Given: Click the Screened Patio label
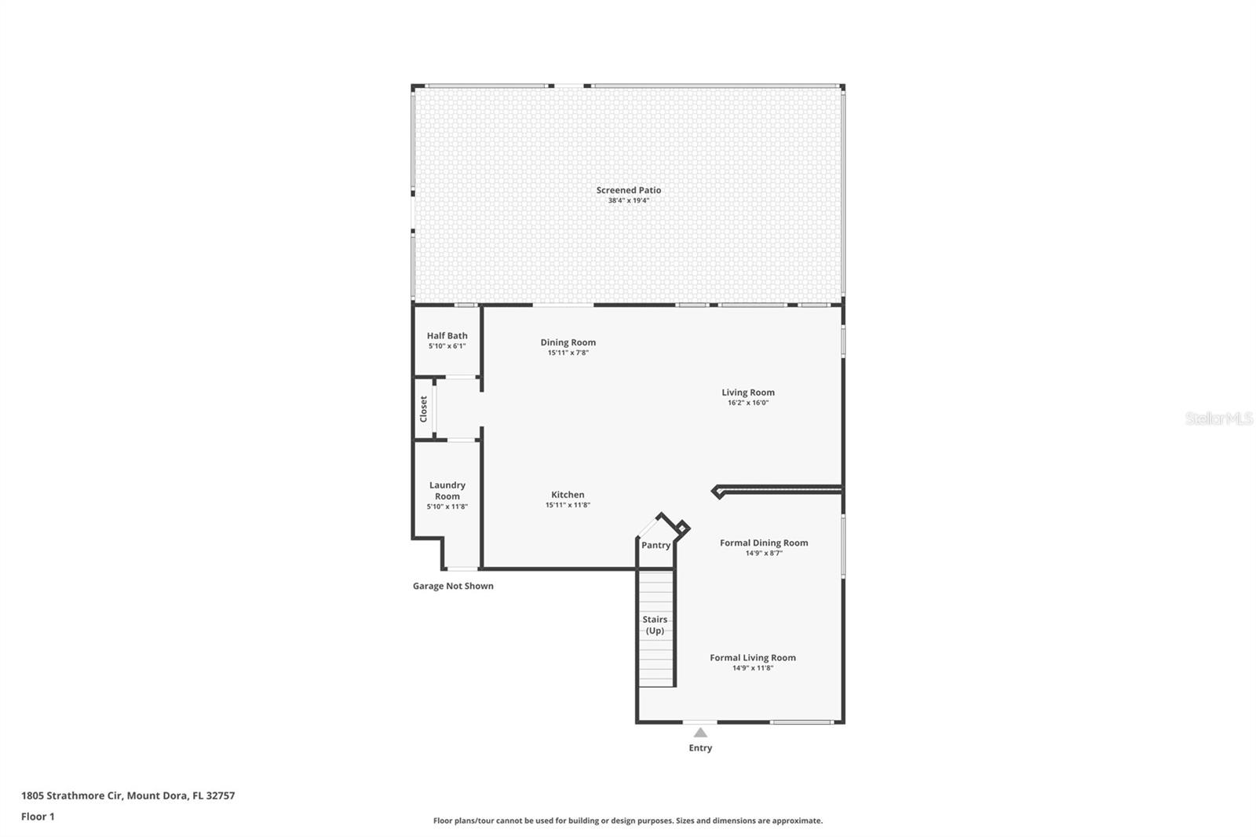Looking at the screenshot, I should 628,190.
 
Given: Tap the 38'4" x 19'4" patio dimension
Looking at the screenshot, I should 628,201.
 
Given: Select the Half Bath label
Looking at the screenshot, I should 447,336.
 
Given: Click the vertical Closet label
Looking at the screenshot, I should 424,408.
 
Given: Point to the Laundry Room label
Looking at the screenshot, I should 447,491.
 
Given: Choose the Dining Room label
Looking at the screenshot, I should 568,342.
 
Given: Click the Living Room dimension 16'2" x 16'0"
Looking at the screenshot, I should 747,403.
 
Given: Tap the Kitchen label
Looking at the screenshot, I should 567,495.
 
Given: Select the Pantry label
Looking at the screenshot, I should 655,545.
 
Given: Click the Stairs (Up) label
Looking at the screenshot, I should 655,625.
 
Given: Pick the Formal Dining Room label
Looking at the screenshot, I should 763,543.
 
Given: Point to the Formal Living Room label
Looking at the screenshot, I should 752,658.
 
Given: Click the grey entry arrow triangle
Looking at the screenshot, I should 700,733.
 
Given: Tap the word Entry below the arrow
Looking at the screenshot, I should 700,748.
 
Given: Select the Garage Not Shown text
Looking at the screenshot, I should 453,586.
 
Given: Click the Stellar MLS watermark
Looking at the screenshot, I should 1218,419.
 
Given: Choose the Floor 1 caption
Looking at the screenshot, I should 38,817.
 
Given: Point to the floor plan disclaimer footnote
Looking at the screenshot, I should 627,821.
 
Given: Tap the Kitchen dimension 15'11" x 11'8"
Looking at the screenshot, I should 567,506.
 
